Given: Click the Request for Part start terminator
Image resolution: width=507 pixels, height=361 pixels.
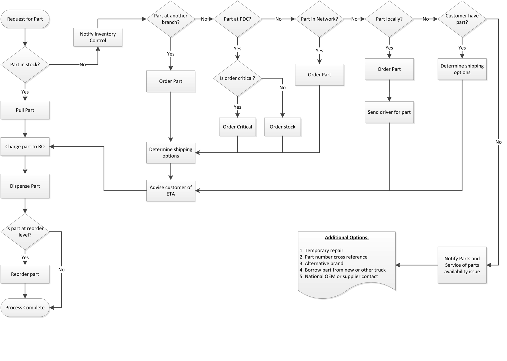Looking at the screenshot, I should click(x=25, y=19).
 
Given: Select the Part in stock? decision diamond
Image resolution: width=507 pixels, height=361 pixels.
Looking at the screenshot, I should click(x=25, y=64).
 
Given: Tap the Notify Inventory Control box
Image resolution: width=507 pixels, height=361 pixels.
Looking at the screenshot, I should click(x=98, y=37).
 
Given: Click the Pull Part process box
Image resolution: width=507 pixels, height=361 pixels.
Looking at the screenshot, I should click(x=25, y=110).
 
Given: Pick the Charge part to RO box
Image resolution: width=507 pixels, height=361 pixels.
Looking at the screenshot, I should click(x=25, y=146).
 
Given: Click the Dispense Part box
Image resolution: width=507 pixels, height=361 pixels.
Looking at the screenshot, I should click(x=25, y=186).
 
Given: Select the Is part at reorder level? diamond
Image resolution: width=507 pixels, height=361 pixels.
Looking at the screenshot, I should click(x=25, y=232).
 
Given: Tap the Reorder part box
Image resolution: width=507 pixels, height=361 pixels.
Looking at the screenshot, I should click(x=25, y=274).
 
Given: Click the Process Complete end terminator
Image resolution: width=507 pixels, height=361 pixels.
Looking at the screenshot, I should click(x=25, y=308).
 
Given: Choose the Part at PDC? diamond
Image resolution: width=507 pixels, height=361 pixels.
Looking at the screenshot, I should click(x=237, y=19).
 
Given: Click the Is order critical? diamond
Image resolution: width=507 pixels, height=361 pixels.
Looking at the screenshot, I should click(x=237, y=78).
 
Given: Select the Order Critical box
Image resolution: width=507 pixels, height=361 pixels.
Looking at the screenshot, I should click(x=237, y=127).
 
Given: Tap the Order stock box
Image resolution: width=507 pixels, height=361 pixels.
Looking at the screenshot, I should click(x=282, y=127).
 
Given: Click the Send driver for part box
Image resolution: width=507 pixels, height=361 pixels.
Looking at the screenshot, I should click(x=389, y=112).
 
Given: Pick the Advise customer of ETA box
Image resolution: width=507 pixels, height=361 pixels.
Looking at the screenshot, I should click(x=171, y=191).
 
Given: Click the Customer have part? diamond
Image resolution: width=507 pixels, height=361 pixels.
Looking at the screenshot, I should click(x=462, y=19).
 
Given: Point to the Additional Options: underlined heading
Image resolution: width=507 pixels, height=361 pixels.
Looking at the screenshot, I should click(x=346, y=238).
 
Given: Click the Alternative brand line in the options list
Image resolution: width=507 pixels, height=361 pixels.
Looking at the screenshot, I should click(x=324, y=263).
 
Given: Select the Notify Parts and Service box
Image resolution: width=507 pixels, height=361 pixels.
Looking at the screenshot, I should click(x=462, y=265).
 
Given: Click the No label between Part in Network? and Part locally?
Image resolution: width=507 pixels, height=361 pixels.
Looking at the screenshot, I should click(x=354, y=19).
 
